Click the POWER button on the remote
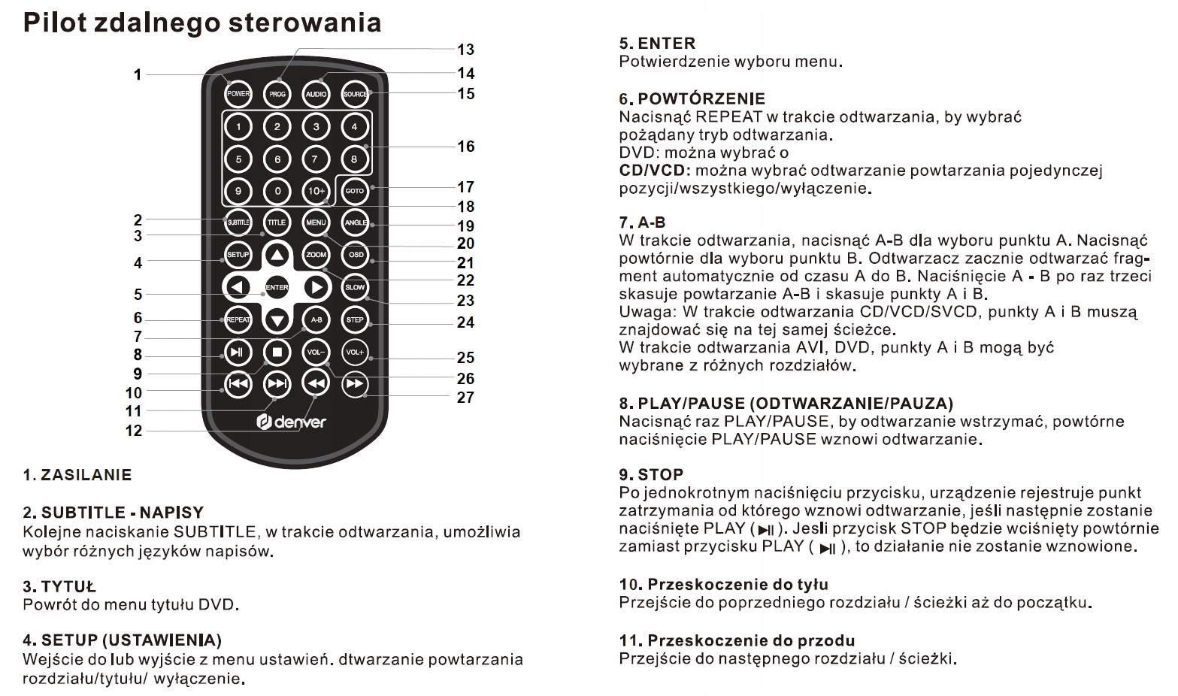coord(238,94)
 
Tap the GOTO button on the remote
coord(355,191)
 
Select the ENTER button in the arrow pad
coord(277,287)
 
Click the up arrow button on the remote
coord(277,255)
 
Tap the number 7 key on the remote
coord(316,159)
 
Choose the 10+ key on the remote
coord(316,191)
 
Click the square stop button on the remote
coord(277,352)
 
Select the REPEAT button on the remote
coord(238,319)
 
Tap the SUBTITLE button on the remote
coord(238,222)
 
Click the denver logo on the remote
coord(292,422)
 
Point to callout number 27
coord(465,397)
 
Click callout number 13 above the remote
coord(465,50)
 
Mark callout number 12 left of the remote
coord(134,431)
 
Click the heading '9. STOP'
coord(651,474)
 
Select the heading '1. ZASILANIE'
coord(77,475)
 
